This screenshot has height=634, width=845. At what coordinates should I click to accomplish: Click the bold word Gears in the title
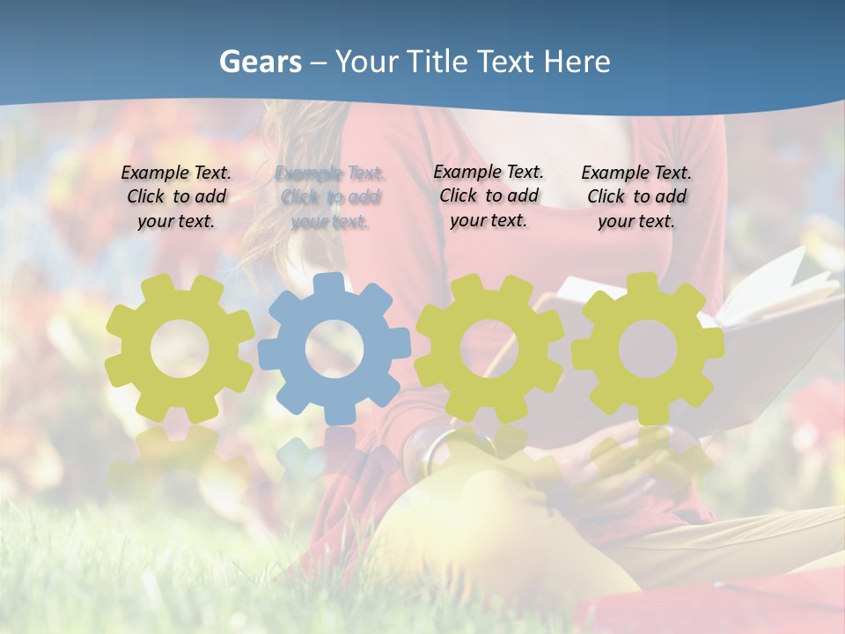pos(260,62)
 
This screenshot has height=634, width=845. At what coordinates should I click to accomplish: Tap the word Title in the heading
pos(437,62)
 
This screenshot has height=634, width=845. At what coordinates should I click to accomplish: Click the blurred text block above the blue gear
pos(330,198)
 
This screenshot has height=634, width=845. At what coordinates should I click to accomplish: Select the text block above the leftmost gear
pos(176,197)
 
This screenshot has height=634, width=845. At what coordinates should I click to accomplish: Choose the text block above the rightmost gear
pos(636,197)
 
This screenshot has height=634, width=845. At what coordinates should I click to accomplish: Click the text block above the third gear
pos(489,196)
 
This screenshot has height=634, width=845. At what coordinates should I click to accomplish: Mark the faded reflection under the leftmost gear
pos(179,458)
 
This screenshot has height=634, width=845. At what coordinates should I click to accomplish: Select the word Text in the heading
pos(506,62)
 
